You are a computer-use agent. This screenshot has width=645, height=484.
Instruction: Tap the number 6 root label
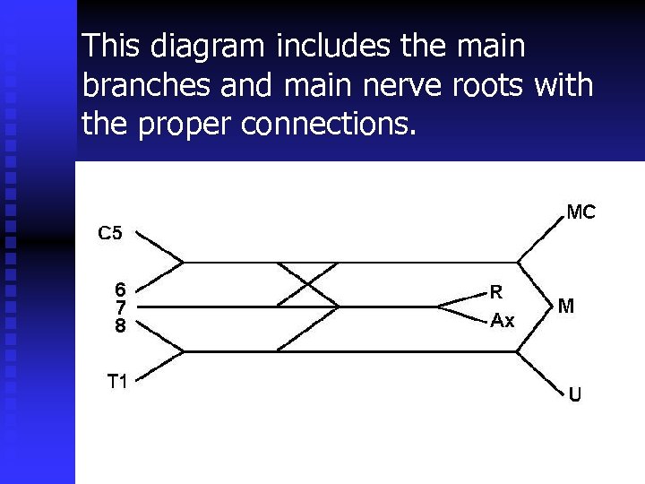pyautogui.click(x=120, y=289)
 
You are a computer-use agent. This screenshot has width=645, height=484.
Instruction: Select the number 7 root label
pyautogui.click(x=120, y=307)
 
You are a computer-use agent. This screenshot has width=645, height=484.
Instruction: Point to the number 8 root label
pyautogui.click(x=120, y=326)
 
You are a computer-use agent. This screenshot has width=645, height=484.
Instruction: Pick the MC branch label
pyautogui.click(x=580, y=212)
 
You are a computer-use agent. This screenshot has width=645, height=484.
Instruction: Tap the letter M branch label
pyautogui.click(x=566, y=307)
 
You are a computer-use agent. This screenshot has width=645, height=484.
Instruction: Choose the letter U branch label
pyautogui.click(x=575, y=394)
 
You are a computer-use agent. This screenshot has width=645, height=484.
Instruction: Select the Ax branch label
pyautogui.click(x=503, y=320)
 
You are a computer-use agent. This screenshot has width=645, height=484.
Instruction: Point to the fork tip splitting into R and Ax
pyautogui.click(x=438, y=307)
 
